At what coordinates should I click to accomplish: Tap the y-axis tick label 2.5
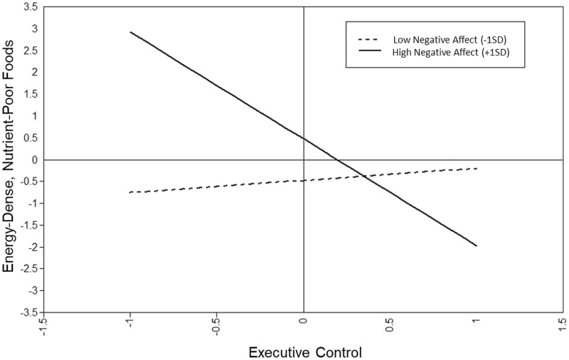pyautogui.click(x=29, y=51)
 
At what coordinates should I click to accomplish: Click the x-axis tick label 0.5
pyautogui.click(x=390, y=327)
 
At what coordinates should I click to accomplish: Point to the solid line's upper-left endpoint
pyautogui.click(x=131, y=32)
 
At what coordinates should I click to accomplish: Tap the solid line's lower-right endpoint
pyautogui.click(x=477, y=246)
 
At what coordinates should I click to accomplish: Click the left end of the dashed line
pyautogui.click(x=131, y=192)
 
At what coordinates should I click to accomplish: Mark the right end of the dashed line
pyautogui.click(x=477, y=168)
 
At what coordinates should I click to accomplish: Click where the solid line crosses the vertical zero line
pyautogui.click(x=304, y=139)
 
